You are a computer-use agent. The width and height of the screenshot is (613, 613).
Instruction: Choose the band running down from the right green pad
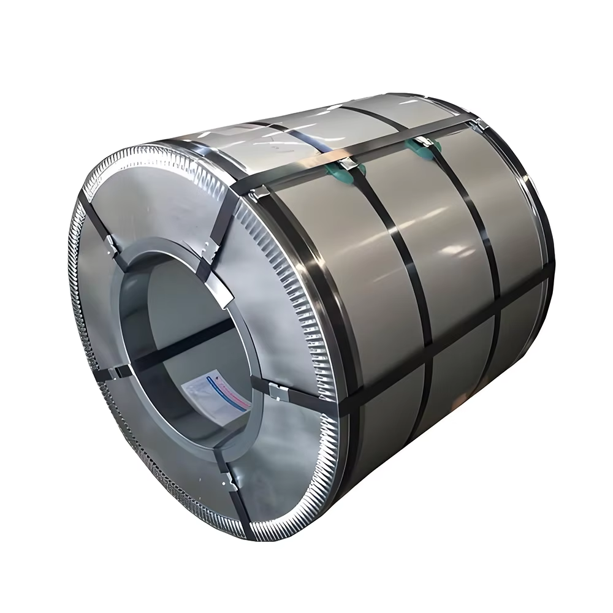click(478, 257)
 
